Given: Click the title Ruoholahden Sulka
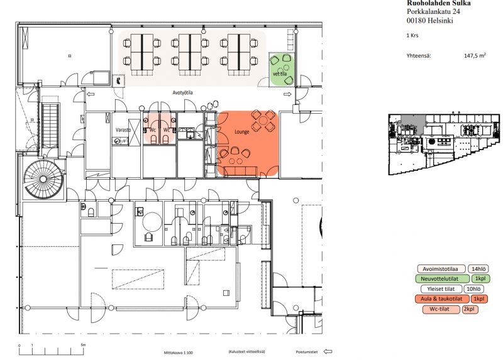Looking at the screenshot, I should coord(439,4).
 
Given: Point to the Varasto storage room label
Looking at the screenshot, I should coord(122,130).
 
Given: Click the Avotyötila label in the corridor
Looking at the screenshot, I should coord(182,94).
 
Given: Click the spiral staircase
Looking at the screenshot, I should coord(43,179).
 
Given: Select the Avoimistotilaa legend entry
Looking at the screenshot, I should coord(440,268).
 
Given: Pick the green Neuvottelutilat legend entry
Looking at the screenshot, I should coord(440,278).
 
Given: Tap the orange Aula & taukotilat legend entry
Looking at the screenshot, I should coord(440,299).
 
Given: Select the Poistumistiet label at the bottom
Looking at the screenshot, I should coord(307,352).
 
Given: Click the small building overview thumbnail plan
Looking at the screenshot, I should coord(444,145).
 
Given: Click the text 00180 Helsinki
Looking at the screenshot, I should coord(430,21).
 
